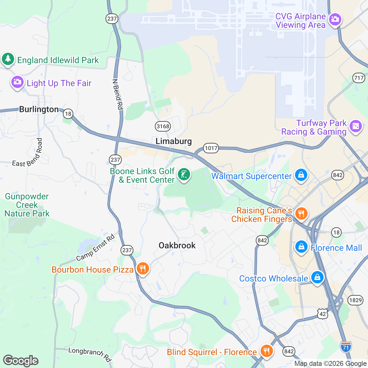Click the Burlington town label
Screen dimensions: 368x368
pyautogui.click(x=39, y=109)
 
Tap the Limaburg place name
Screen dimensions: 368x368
pyautogui.click(x=174, y=141)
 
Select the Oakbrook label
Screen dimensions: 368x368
pyautogui.click(x=177, y=245)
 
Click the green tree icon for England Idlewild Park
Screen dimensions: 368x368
pyautogui.click(x=8, y=59)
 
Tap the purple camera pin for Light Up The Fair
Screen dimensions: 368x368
pyautogui.click(x=17, y=82)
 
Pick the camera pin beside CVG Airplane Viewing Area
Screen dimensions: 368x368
pyautogui.click(x=335, y=20)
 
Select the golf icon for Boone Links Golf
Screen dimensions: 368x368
pyautogui.click(x=184, y=175)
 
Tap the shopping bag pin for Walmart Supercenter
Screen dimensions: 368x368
pyautogui.click(x=301, y=175)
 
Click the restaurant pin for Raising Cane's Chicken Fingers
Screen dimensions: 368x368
pyautogui.click(x=301, y=213)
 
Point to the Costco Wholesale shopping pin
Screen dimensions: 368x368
pyautogui.click(x=317, y=278)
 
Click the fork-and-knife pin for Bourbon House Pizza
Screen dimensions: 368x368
pyautogui.click(x=143, y=269)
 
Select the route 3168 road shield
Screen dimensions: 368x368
pyautogui.click(x=163, y=126)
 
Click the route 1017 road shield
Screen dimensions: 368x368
pyautogui.click(x=211, y=148)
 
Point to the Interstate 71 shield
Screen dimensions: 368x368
pyautogui.click(x=346, y=347)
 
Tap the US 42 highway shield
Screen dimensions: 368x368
pyautogui.click(x=323, y=314)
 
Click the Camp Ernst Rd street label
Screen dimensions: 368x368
pyautogui.click(x=95, y=247)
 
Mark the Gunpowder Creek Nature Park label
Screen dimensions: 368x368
pyautogui.click(x=27, y=205)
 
